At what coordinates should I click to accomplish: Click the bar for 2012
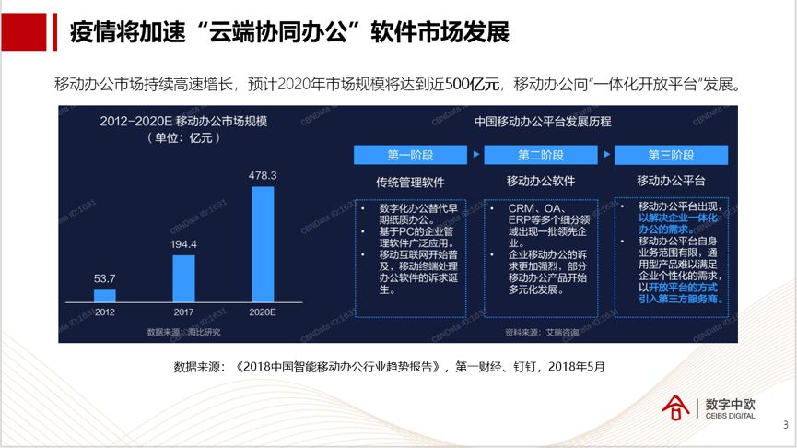pos(105,296)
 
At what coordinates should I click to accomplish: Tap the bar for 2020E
pos(263,244)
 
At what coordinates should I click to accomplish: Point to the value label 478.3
pos(263,175)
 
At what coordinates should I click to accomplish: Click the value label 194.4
pos(183,244)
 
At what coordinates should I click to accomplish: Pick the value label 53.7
pos(105,278)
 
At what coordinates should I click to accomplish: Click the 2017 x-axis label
pos(183,312)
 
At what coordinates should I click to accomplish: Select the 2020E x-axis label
pos(263,312)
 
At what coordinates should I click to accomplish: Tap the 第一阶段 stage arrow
pos(411,154)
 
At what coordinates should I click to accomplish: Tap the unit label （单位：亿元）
pos(181,138)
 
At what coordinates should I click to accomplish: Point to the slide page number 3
pos(785,425)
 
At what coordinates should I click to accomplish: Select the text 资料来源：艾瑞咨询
pos(542,330)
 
